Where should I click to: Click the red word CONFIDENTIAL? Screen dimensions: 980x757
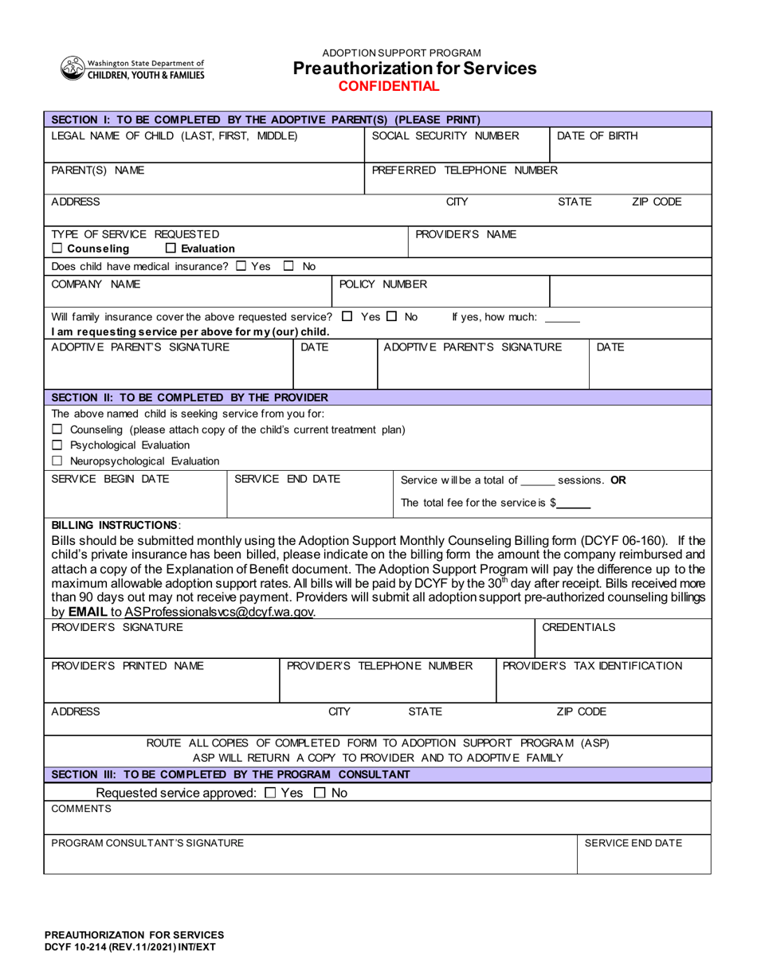[389, 86]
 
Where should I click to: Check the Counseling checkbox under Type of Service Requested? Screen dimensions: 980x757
[57, 249]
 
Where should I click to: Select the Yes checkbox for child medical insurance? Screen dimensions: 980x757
[241, 266]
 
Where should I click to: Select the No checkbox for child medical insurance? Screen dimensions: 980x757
[289, 266]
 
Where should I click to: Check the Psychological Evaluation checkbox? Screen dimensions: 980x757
[57, 445]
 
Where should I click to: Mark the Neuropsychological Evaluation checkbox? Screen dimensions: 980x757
[57, 461]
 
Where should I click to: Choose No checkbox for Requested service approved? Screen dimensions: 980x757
[319, 793]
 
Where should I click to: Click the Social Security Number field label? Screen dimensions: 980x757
[445, 135]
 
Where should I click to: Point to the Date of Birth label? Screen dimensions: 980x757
[597, 135]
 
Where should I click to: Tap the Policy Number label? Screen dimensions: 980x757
[372, 284]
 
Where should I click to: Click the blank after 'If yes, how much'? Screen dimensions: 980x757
[563, 318]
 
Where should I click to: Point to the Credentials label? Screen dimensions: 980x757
[579, 627]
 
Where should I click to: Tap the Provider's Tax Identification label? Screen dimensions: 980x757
[592, 665]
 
